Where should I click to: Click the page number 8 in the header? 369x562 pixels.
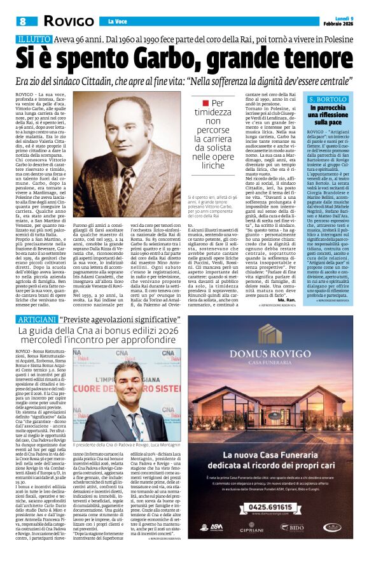[22, 21]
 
